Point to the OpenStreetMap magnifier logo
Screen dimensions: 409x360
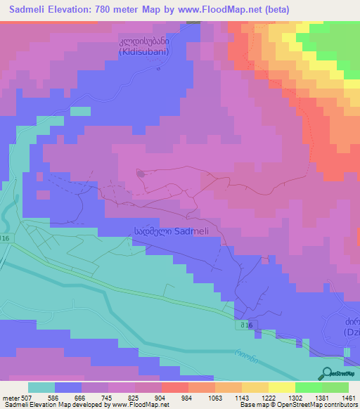click(x=326, y=374)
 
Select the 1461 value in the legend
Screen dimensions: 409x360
click(x=349, y=397)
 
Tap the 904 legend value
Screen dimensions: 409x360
click(x=161, y=397)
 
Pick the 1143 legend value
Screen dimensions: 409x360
click(x=241, y=397)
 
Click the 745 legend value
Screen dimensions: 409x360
click(x=108, y=397)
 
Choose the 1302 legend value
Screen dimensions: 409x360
click(x=295, y=397)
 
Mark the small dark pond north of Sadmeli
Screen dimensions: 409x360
click(x=141, y=173)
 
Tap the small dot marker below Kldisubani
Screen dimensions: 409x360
click(x=159, y=69)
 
